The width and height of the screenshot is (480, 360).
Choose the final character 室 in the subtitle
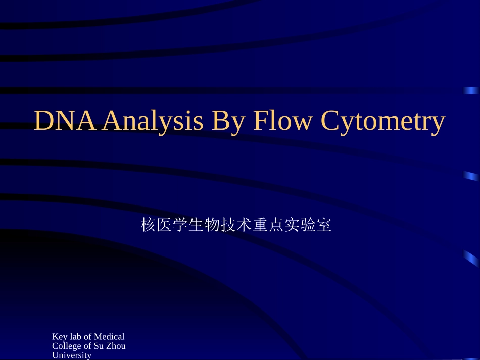324,225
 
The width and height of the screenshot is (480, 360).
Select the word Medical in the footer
109,337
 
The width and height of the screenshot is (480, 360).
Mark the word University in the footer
72,355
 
